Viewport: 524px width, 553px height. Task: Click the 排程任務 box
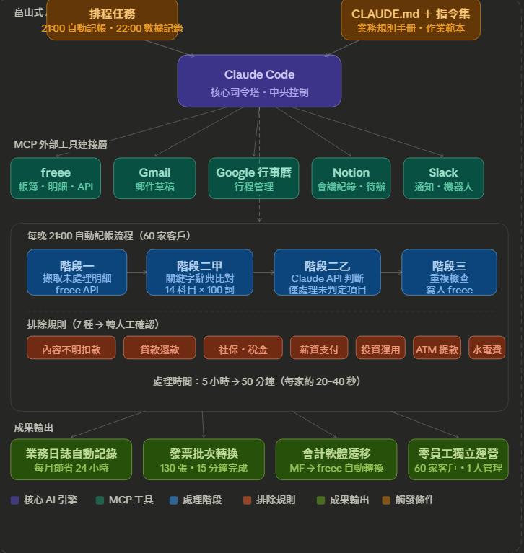tap(112, 19)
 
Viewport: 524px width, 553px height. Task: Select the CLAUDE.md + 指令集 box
tap(411, 19)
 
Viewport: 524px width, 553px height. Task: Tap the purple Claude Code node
tap(259, 81)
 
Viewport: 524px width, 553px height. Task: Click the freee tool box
tap(56, 178)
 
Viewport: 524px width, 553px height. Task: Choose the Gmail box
tap(154, 178)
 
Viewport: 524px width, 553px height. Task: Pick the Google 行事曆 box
tap(253, 178)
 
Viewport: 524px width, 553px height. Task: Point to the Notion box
tap(351, 178)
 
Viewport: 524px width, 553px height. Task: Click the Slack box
tap(443, 178)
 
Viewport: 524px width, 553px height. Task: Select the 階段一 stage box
tap(77, 273)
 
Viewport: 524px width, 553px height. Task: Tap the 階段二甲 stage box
tap(199, 273)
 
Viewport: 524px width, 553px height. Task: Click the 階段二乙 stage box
tap(327, 273)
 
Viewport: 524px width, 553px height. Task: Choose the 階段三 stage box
tap(449, 273)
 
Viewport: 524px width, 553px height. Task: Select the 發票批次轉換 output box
tap(204, 459)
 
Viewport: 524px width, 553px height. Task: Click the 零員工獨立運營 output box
tap(458, 459)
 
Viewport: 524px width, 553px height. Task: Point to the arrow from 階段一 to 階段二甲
tap(136, 273)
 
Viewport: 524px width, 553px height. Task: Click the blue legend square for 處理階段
tap(173, 500)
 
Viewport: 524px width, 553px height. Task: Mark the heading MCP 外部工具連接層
tap(61, 144)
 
